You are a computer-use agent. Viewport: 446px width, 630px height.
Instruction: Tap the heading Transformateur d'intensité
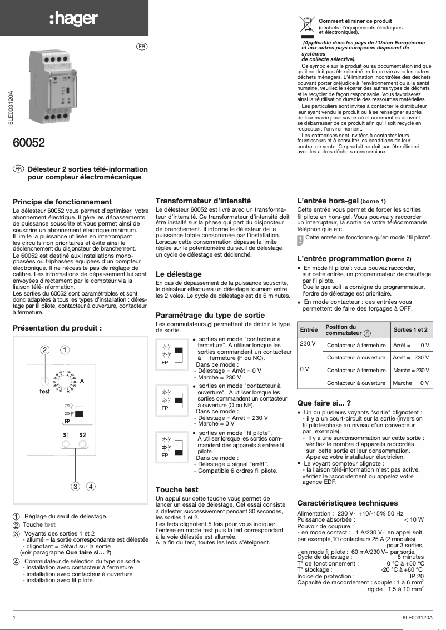[x=204, y=200]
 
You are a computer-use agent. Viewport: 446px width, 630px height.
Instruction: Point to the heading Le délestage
[x=179, y=274]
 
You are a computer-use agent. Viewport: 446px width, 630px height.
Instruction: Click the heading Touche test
[x=177, y=489]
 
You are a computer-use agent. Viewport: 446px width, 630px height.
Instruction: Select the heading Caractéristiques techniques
[x=348, y=503]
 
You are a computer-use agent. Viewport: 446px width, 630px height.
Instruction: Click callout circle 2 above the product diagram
[x=45, y=350]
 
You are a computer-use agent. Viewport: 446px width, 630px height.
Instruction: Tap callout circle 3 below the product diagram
[x=75, y=487]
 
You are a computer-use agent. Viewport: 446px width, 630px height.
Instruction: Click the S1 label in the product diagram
[x=66, y=434]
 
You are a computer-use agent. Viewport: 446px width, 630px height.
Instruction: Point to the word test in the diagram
[x=45, y=391]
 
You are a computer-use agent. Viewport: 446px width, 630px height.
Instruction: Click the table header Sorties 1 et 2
[x=410, y=330]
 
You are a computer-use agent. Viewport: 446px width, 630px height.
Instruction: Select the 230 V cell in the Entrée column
[x=308, y=344]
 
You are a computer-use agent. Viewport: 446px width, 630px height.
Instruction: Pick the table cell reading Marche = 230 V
[x=411, y=371]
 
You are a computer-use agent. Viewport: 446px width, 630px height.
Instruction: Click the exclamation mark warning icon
[x=300, y=240]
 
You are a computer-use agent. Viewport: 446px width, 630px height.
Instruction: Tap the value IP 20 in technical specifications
[x=416, y=576]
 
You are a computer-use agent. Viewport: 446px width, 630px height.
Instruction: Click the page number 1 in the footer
[x=14, y=618]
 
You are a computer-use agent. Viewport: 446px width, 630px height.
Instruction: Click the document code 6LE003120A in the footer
[x=417, y=618]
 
